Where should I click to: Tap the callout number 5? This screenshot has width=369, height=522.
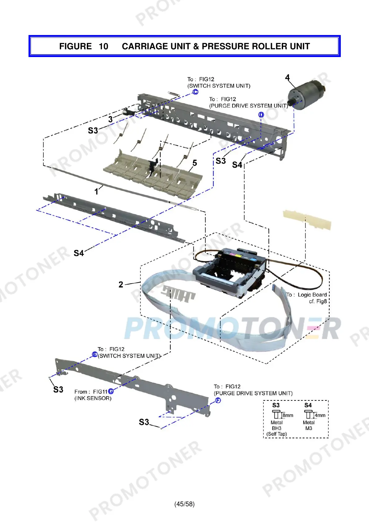195,163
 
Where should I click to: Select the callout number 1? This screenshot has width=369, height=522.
96,192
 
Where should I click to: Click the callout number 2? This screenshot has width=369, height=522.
121,284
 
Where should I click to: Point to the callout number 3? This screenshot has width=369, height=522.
110,119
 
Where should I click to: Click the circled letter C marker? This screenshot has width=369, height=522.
195,92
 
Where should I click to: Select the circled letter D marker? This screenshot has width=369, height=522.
261,115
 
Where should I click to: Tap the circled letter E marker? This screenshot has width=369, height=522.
95,354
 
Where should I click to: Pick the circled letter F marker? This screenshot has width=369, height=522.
218,400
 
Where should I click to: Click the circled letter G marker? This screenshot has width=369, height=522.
111,391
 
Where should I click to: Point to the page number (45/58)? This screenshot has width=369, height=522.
184,504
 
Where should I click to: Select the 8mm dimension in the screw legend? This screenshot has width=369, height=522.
288,415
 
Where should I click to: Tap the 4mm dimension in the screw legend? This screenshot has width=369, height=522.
320,415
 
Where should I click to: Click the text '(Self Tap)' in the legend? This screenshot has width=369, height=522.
277,434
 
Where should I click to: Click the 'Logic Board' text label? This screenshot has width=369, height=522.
312,295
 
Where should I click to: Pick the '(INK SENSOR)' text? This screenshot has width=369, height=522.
93,398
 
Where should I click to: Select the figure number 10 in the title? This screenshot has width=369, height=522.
103,46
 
